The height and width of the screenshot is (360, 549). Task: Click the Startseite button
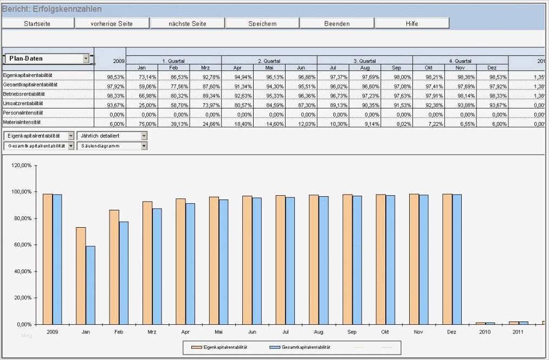(38, 23)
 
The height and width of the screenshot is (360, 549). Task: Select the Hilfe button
(412, 23)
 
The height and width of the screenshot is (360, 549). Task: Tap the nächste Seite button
(188, 23)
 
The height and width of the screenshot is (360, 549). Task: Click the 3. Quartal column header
(365, 61)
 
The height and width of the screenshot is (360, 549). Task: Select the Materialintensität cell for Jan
(142, 124)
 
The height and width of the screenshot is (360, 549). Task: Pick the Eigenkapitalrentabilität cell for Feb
(173, 78)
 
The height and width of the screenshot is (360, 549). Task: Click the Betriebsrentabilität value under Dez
(492, 96)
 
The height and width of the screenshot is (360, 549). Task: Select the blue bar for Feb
(124, 273)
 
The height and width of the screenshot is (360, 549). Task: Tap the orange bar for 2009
(48, 259)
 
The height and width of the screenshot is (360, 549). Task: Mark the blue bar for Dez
(457, 259)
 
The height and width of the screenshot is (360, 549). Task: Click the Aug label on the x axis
(319, 331)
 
